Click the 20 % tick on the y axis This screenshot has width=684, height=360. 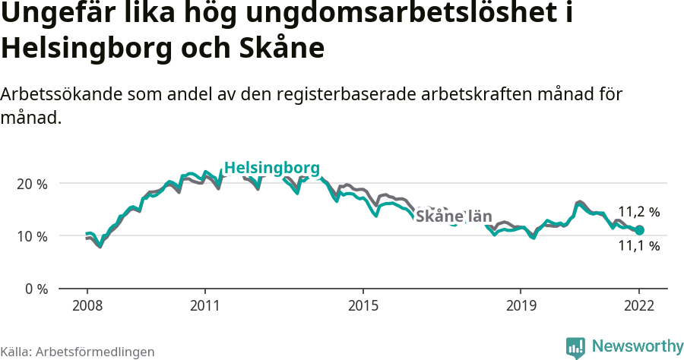click(31, 184)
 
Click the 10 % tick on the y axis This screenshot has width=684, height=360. click(31, 236)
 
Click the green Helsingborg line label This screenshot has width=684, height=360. click(272, 168)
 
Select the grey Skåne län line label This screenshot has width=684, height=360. click(454, 216)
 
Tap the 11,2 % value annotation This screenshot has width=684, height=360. click(638, 212)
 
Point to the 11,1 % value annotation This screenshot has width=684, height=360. click(638, 246)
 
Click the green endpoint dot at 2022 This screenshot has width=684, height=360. click(639, 230)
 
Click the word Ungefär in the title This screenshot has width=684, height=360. click(55, 14)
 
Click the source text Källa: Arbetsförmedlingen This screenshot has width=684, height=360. click(78, 352)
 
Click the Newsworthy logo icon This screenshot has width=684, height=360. click(575, 347)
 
